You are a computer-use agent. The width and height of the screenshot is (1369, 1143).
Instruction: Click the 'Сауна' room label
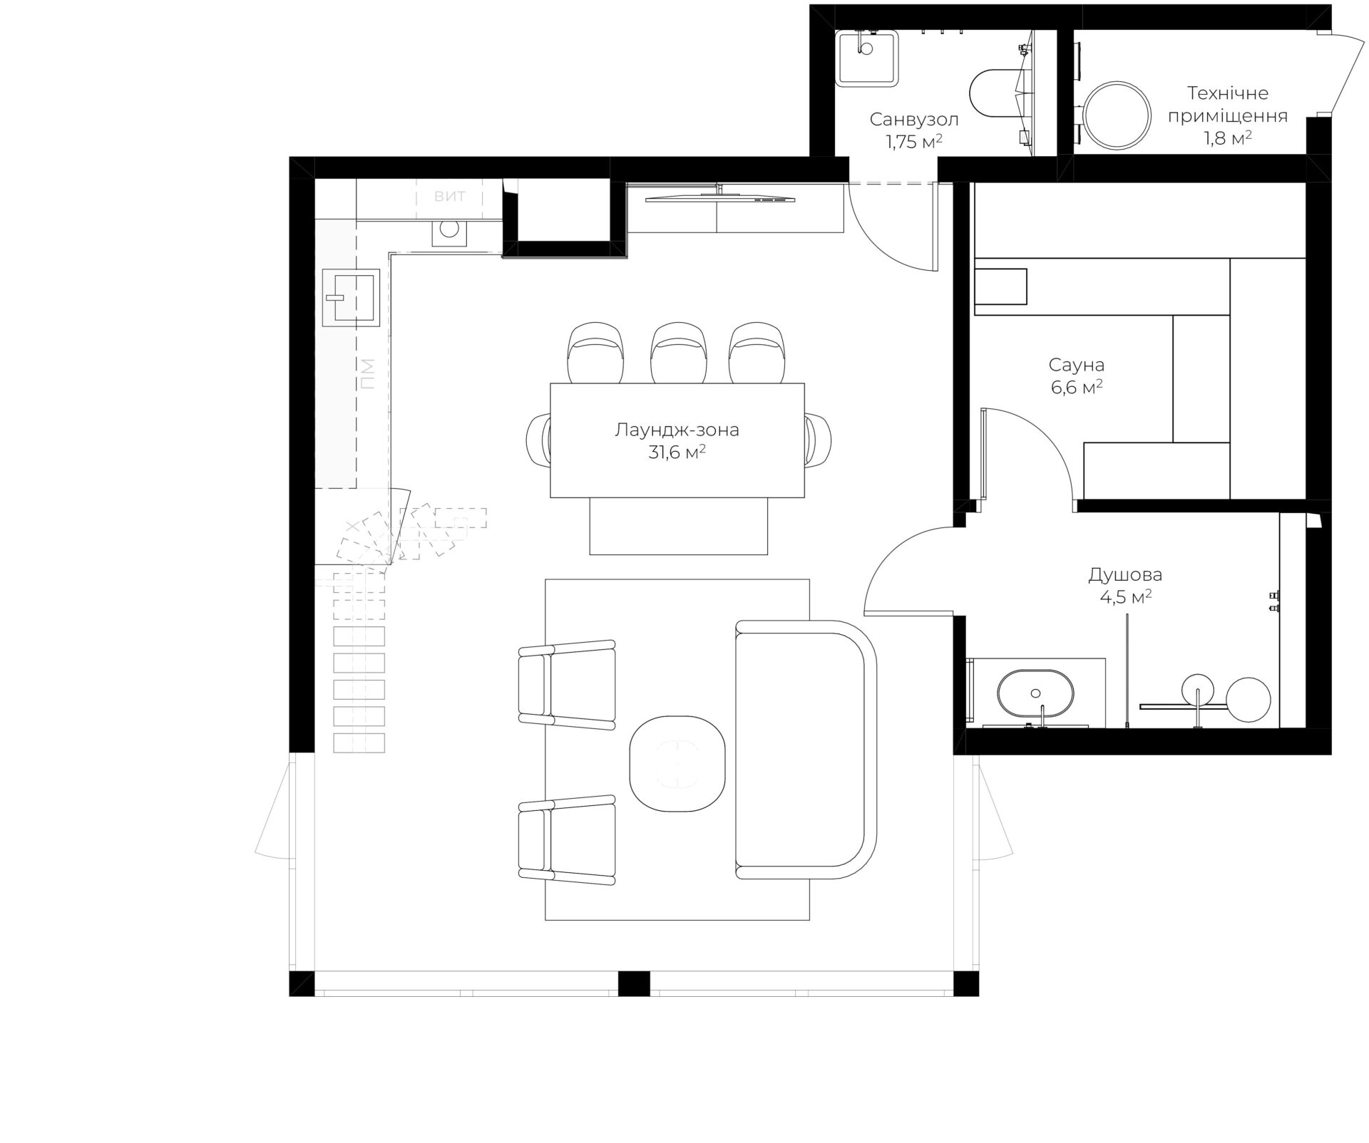(1076, 366)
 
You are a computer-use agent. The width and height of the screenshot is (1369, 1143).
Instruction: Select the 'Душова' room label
(1125, 575)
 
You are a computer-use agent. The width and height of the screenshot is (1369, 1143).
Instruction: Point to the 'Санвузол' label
(914, 119)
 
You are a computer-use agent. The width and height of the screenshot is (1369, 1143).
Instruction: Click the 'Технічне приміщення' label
(1227, 104)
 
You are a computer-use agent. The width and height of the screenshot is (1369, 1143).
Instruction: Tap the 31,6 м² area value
(677, 452)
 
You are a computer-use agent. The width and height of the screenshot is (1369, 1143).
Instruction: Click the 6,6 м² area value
(1076, 388)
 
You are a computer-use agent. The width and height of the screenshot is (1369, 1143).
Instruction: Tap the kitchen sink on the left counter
(352, 297)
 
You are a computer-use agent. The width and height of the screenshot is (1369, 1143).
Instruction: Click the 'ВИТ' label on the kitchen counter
(450, 196)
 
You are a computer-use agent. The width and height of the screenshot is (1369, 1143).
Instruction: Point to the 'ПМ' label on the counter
(366, 373)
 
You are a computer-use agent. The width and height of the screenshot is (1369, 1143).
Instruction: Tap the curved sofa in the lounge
(806, 750)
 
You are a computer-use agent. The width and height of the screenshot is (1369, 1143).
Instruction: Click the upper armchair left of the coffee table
(567, 685)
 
